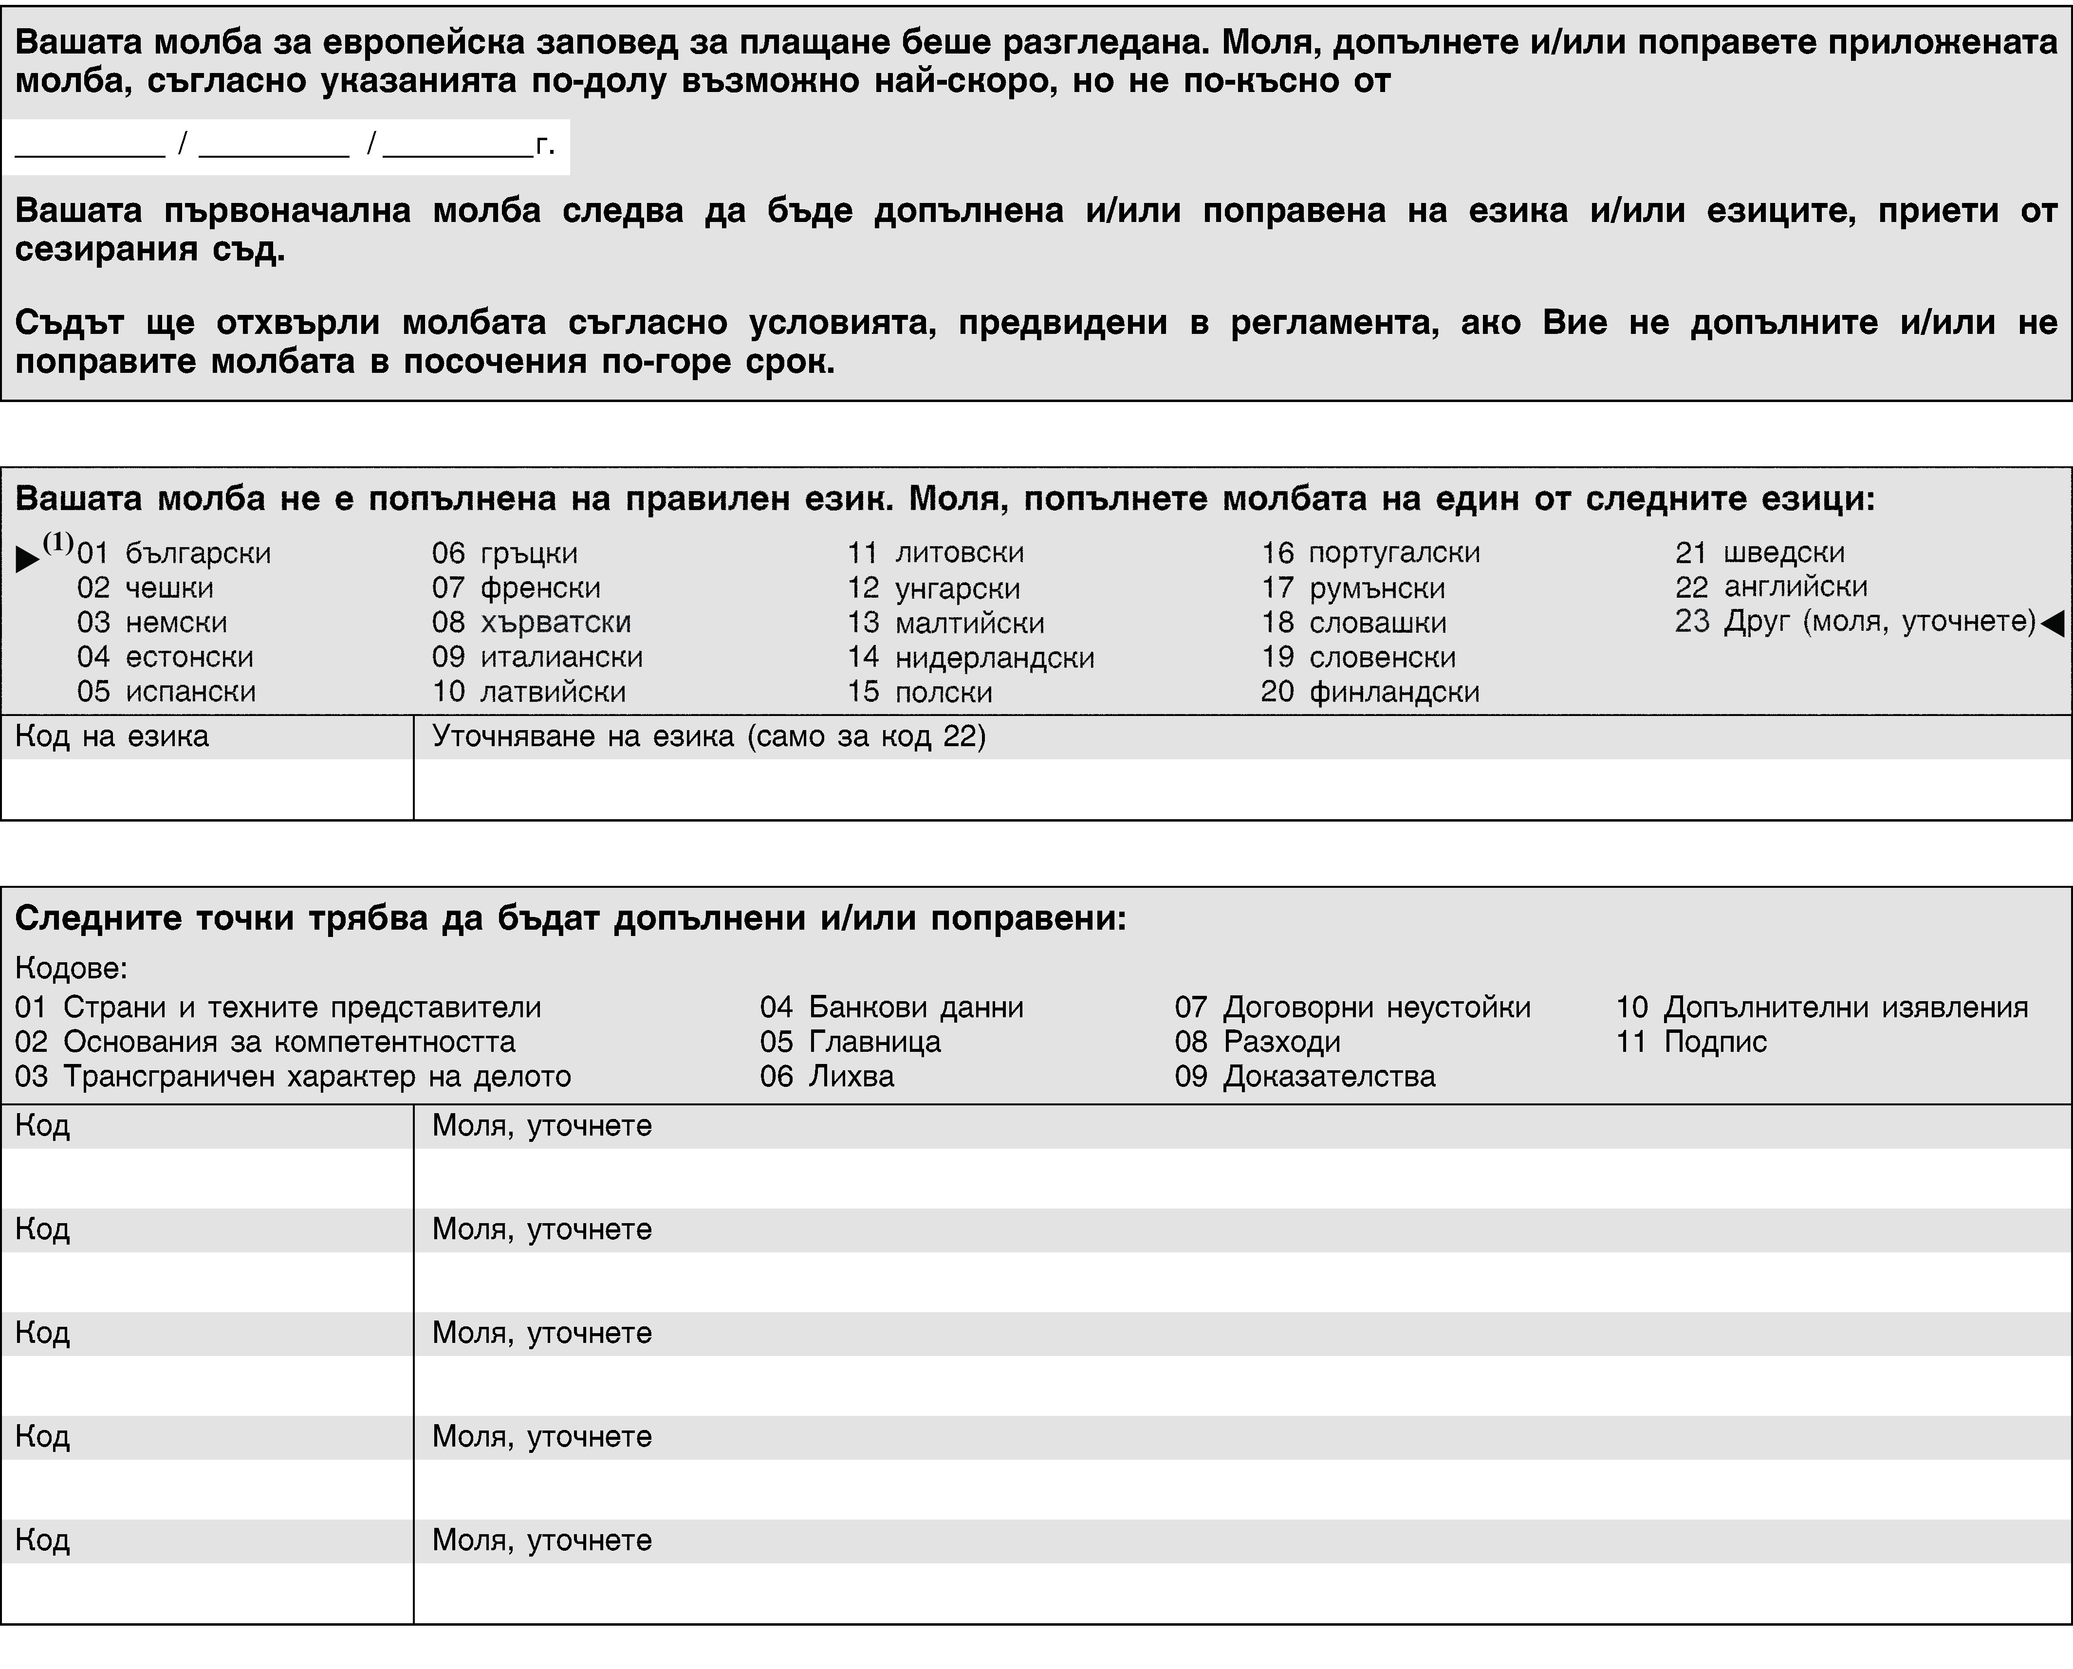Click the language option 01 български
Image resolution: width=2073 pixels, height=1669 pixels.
pyautogui.click(x=174, y=554)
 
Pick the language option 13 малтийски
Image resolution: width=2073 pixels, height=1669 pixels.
pyautogui.click(x=945, y=623)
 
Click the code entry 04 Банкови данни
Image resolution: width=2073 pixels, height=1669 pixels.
pyautogui.click(x=891, y=1008)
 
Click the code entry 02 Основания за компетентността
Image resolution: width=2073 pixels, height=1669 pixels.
pyautogui.click(x=265, y=1042)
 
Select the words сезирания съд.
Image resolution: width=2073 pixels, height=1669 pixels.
pyautogui.click(x=150, y=251)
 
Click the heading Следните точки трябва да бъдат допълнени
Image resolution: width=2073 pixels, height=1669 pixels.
pyautogui.click(x=570, y=919)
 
